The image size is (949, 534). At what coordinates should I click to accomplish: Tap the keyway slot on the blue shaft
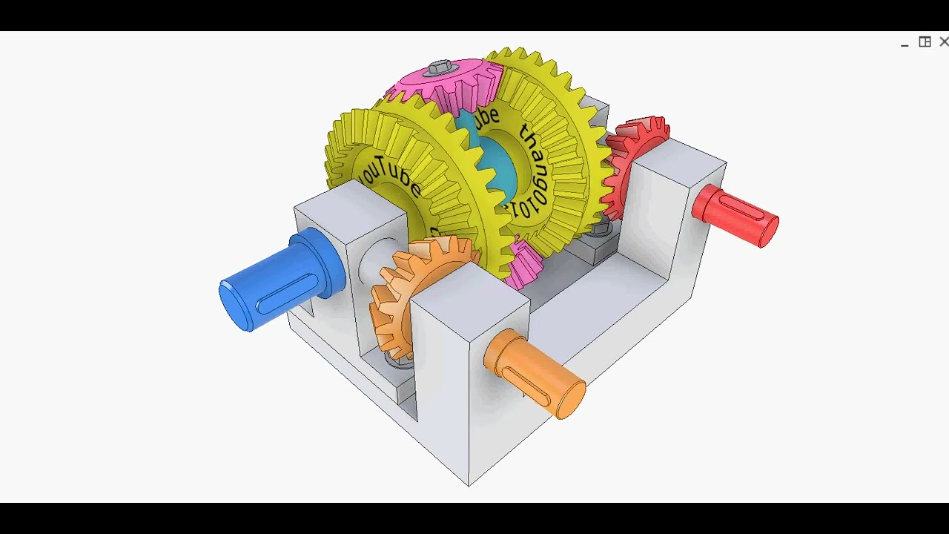point(286,292)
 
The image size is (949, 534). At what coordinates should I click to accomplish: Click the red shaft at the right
point(734,214)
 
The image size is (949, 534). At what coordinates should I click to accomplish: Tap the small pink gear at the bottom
point(525,264)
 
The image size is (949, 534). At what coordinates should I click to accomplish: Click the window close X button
point(943,42)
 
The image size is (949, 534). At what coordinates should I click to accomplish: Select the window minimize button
point(905,44)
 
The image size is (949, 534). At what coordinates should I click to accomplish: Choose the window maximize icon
point(925,42)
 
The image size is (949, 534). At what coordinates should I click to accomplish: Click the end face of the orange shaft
point(571,400)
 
